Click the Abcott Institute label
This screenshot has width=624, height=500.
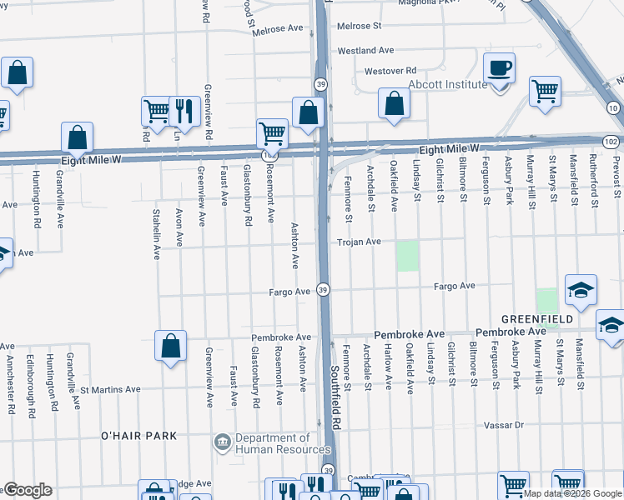[x=446, y=85]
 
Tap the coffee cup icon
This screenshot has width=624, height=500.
[x=500, y=69]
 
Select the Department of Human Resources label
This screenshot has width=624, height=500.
[x=272, y=444]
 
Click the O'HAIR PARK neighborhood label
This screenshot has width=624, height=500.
[x=138, y=436]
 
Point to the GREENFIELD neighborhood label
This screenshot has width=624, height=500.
[x=536, y=319]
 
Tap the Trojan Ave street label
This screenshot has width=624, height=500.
[x=359, y=242]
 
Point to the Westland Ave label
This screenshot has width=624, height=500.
[x=365, y=51]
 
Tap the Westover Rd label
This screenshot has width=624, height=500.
[x=390, y=71]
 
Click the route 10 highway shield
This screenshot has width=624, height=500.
[x=613, y=108]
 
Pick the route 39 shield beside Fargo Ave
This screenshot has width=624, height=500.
[x=324, y=289]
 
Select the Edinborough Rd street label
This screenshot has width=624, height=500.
[x=30, y=386]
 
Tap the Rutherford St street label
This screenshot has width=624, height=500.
[x=593, y=181]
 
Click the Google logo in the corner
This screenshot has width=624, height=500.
[x=28, y=490]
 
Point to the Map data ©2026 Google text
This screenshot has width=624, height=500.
[x=572, y=493]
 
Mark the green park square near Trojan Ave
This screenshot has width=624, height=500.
[x=407, y=256]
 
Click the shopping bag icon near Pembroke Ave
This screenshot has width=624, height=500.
[x=170, y=347]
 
